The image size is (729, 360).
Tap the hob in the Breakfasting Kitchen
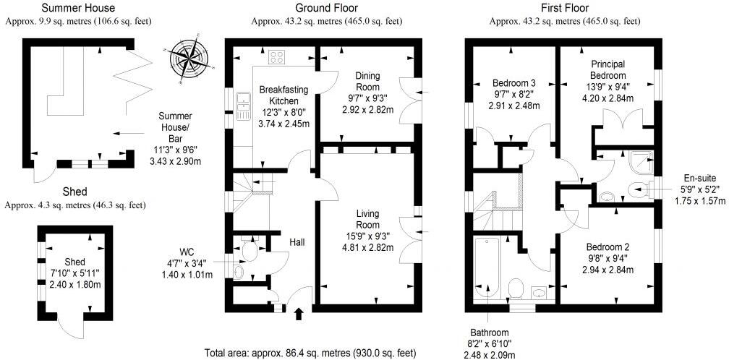277,57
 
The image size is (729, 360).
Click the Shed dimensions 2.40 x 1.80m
74,283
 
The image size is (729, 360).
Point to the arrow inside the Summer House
129,133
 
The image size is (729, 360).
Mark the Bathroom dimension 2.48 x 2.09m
489,355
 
